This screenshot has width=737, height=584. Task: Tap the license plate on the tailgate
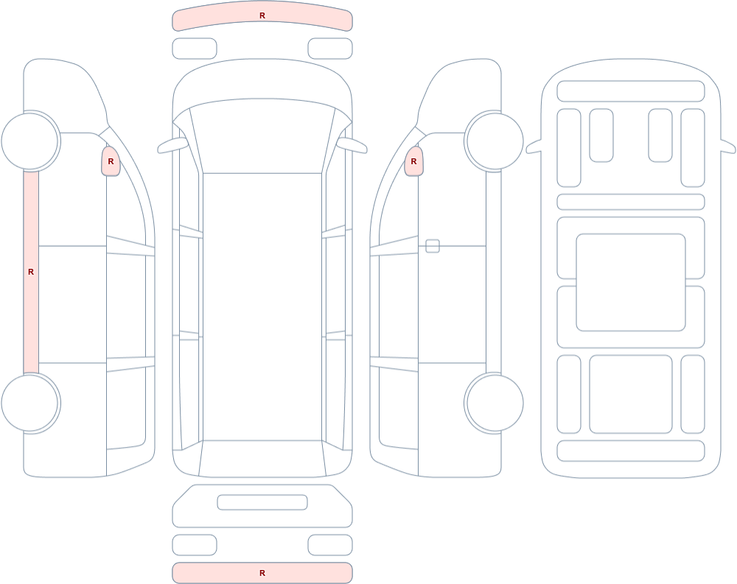(x=262, y=502)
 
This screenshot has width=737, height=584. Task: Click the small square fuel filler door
(x=433, y=246)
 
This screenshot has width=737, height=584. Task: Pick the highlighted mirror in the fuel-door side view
(x=413, y=161)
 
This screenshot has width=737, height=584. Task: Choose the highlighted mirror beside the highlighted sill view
(x=111, y=161)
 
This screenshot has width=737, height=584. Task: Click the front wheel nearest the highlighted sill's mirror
(x=30, y=141)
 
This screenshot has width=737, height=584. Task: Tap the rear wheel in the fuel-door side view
(x=495, y=403)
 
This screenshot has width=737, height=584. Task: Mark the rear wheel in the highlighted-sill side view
(x=30, y=403)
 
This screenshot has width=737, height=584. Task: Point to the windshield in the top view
(x=262, y=136)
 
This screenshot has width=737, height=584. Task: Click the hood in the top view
(x=262, y=80)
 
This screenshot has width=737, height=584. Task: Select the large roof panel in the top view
(x=262, y=307)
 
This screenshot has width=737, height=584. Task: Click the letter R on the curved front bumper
(x=262, y=15)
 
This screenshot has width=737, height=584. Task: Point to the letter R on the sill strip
(x=31, y=272)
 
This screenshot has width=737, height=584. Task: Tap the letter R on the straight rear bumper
(x=262, y=573)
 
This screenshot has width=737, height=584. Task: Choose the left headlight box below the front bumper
(x=195, y=49)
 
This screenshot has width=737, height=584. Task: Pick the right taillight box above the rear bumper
(x=330, y=545)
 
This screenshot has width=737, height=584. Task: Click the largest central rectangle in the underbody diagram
(x=631, y=282)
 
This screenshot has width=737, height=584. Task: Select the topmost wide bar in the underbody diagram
(x=631, y=91)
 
